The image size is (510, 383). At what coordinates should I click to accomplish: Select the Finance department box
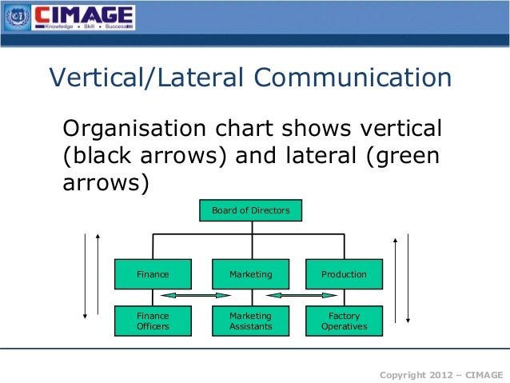[x=153, y=274]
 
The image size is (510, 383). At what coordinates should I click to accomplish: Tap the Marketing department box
[x=250, y=274]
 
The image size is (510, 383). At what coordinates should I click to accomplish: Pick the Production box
[x=344, y=274]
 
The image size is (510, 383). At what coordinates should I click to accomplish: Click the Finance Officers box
[x=153, y=321]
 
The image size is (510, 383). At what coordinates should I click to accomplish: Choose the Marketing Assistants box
[x=250, y=321]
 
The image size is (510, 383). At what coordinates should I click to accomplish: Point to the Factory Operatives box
[x=344, y=321]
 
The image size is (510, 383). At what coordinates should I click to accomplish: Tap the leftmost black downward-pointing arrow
[x=84, y=276]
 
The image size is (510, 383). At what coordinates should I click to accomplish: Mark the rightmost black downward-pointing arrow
[x=408, y=278]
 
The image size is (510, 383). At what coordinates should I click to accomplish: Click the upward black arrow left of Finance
[x=98, y=276]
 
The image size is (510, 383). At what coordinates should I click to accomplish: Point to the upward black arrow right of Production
[x=394, y=278]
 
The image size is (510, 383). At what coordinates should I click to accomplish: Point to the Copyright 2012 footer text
[x=440, y=373]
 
